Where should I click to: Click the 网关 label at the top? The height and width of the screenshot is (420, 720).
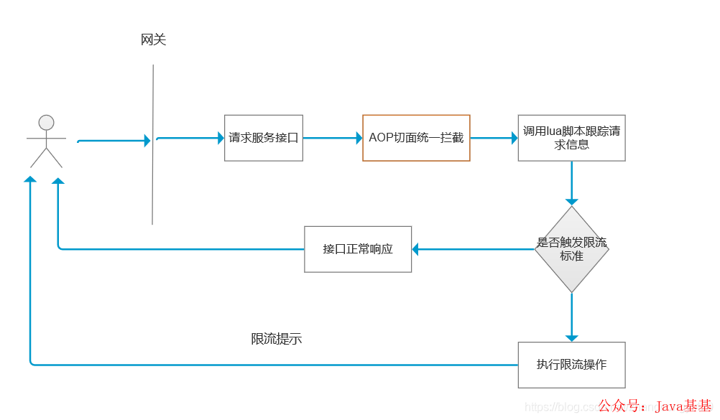tap(153, 40)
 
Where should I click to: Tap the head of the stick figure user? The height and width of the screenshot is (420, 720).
tap(47, 123)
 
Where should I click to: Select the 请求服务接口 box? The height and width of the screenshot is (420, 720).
tap(263, 138)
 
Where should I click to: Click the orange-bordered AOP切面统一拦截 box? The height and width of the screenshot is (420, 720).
tap(416, 138)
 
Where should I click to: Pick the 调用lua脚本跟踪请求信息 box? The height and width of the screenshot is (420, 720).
tap(571, 138)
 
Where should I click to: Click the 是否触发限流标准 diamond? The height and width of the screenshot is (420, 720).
tap(571, 249)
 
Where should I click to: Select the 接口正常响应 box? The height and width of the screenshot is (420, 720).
tap(358, 249)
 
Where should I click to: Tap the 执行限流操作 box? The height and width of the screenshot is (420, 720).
tap(571, 365)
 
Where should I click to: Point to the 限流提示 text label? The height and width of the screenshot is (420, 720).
tap(277, 339)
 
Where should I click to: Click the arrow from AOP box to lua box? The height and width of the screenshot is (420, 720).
tap(494, 138)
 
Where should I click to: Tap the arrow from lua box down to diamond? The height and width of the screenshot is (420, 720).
tap(572, 183)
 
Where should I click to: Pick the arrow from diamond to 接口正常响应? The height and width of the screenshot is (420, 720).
tap(474, 249)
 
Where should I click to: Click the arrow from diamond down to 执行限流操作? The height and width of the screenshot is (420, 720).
tap(572, 317)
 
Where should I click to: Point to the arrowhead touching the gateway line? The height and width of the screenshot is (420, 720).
tap(147, 141)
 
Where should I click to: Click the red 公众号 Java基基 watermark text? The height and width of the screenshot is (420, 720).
tap(655, 407)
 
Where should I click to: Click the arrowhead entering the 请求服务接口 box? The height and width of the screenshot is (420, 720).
tap(221, 138)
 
